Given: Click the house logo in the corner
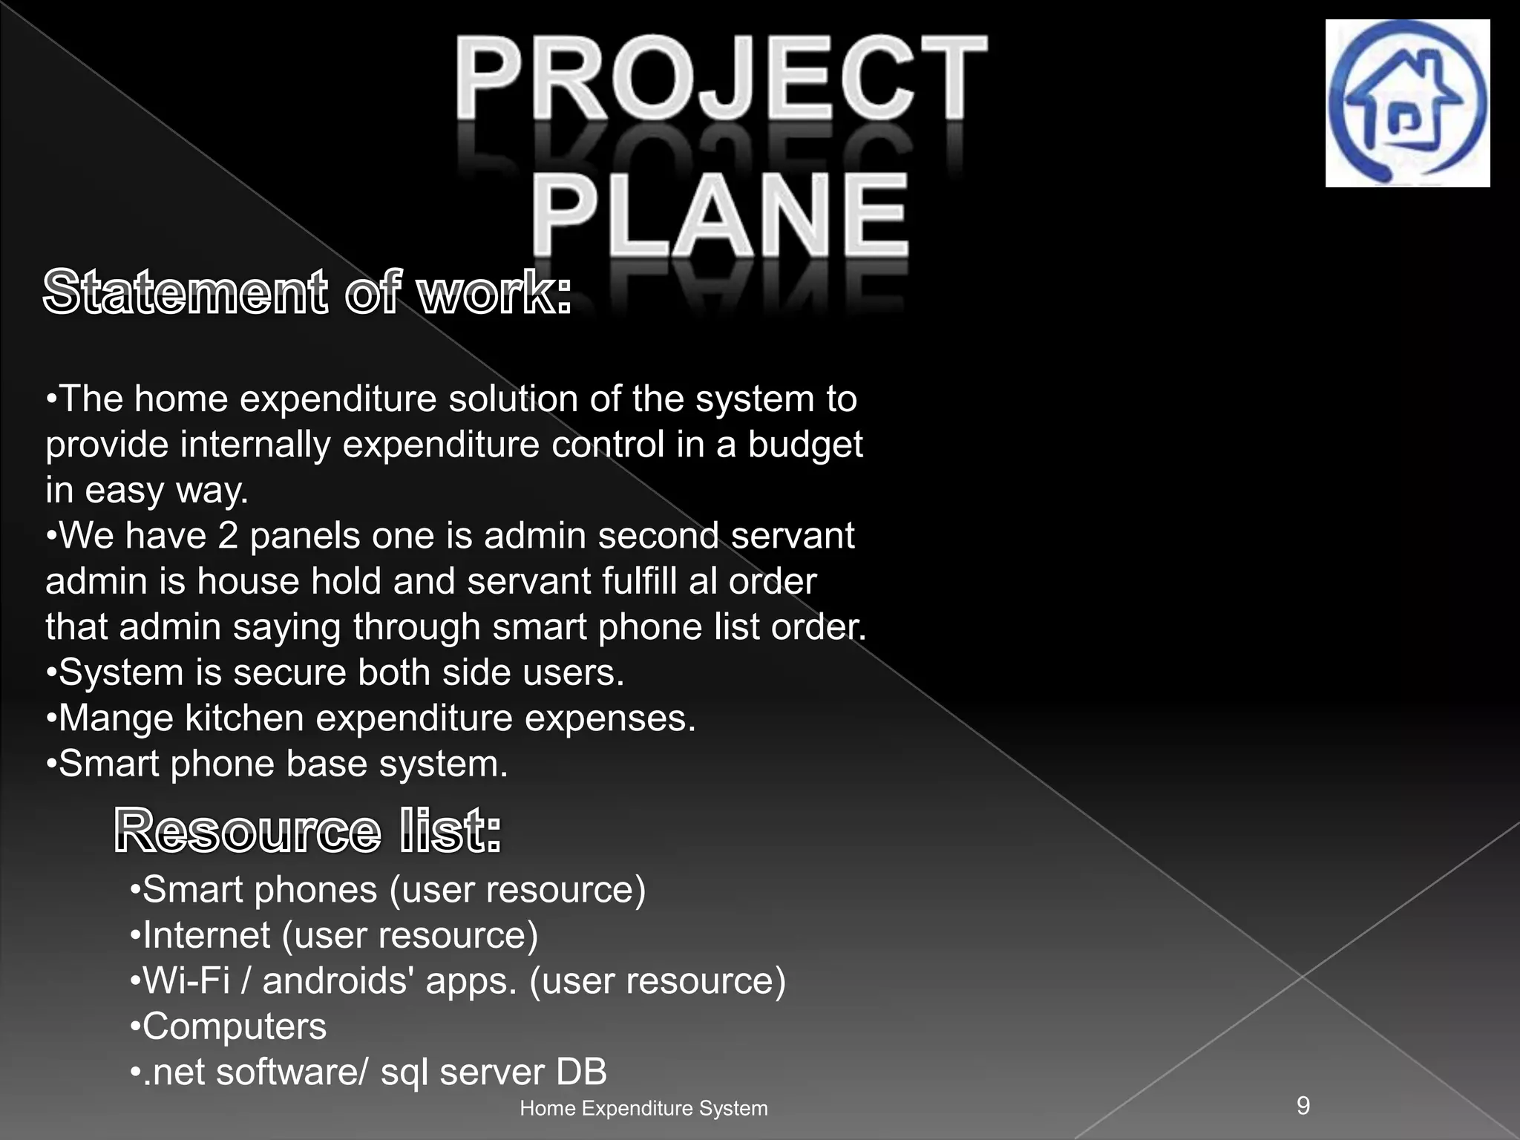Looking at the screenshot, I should click(x=1407, y=103).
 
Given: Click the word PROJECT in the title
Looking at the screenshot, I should click(x=721, y=79).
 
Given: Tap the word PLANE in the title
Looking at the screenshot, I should click(x=719, y=214).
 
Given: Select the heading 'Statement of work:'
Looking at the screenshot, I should click(x=307, y=293).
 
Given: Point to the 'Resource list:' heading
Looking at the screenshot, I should click(x=308, y=831).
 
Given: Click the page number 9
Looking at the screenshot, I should click(x=1303, y=1105).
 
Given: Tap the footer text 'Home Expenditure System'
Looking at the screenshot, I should click(x=643, y=1108).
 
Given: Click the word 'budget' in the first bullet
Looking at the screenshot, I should click(x=805, y=445).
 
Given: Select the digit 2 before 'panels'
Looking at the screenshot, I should click(x=228, y=536).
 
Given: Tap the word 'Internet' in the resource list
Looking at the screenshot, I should click(x=206, y=935).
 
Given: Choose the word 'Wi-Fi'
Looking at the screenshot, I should click(x=186, y=981).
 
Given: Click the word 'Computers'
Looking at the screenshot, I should click(x=234, y=1027).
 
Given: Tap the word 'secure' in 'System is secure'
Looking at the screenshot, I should click(x=290, y=672).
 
